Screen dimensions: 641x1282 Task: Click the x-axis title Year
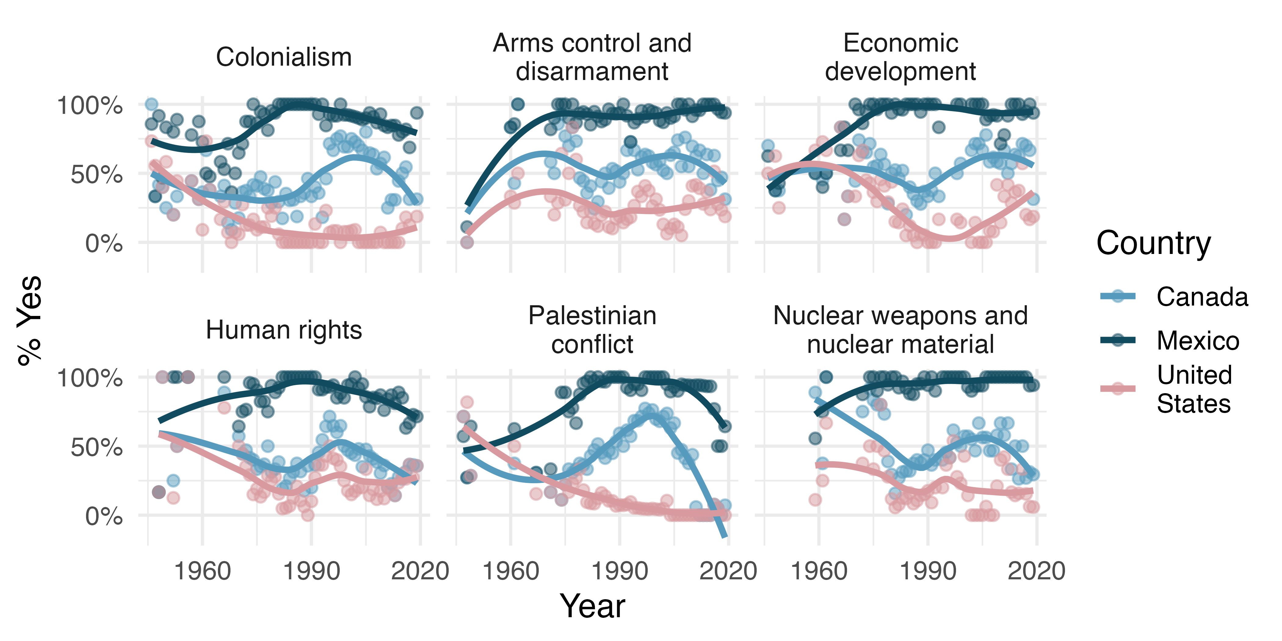tap(592, 606)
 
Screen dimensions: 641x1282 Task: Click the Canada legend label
tap(1202, 297)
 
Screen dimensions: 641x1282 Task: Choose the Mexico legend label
tap(1197, 341)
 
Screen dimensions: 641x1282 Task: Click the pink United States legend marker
tap(1118, 389)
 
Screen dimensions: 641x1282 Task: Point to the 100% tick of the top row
tap(89, 106)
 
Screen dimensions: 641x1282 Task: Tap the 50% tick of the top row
tap(96, 175)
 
